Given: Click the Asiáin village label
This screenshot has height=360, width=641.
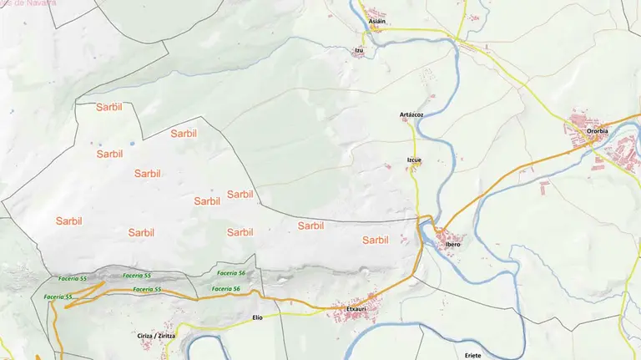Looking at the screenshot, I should (377, 21).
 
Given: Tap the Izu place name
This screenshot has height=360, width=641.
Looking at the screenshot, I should (359, 50).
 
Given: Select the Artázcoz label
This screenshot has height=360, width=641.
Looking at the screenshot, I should (411, 114).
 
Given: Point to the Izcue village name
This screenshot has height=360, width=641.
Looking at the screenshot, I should (414, 160).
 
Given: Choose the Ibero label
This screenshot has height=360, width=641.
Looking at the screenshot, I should (453, 244).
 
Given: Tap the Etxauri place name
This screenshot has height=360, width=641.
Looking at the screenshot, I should (357, 310).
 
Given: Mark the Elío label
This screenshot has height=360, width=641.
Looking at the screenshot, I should (257, 317).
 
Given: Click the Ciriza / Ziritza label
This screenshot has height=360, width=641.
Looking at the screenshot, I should (157, 335).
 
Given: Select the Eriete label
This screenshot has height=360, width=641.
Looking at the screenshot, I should (473, 355).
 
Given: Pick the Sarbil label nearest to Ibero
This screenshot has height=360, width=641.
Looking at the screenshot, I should (376, 240).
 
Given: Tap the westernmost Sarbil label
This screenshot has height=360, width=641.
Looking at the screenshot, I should (69, 221).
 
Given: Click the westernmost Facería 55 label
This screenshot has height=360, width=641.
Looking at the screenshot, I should (58, 297).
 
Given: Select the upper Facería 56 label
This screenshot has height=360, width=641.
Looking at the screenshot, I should (230, 273).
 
